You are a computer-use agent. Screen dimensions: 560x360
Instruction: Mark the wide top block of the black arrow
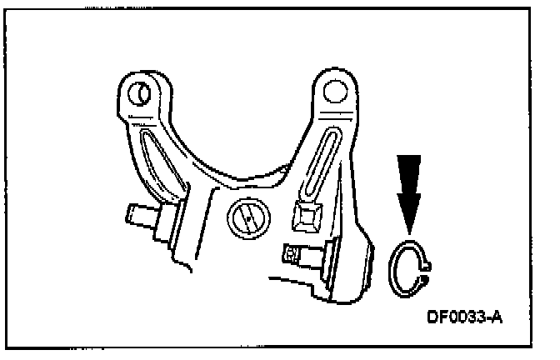408,171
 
